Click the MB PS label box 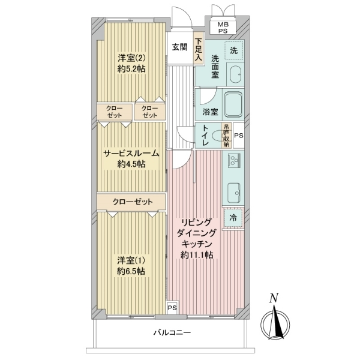tap(223, 28)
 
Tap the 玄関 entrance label tap(180, 47)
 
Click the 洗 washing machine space tap(234, 50)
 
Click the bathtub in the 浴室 tap(233, 104)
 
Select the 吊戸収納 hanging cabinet tap(226, 136)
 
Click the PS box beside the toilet tap(238, 136)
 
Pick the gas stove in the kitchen tap(234, 160)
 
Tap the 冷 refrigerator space tap(233, 217)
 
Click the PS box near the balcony tap(172, 307)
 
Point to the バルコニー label tap(172, 332)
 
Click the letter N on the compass tap(274, 298)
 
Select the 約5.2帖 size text tap(131, 69)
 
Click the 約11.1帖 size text tap(197, 255)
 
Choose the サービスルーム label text tap(131, 153)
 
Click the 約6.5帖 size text tap(131, 272)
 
